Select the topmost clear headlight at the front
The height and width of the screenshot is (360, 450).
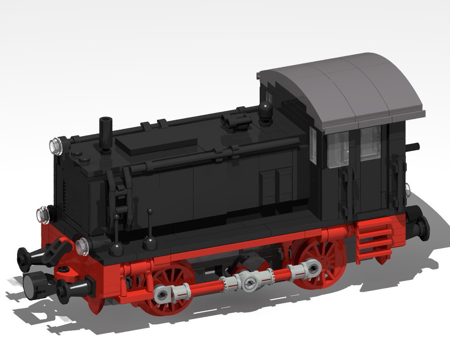(56, 145)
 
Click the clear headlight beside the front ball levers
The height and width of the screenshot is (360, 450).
(82, 245)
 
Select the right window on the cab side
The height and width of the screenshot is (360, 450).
(370, 142)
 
